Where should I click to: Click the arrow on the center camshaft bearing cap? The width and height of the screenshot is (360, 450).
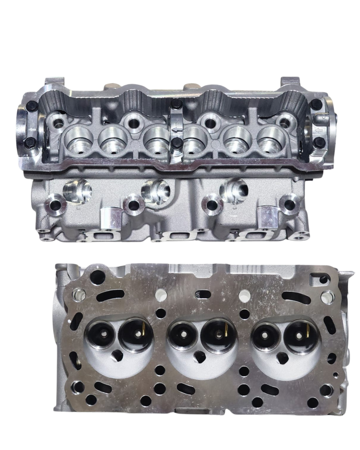pyautogui.click(x=176, y=129)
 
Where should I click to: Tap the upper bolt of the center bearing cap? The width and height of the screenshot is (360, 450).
pyautogui.click(x=177, y=104)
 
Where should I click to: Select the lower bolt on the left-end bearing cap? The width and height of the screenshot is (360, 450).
pyautogui.click(x=30, y=142)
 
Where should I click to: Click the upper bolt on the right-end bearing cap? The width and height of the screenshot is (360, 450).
pyautogui.click(x=316, y=105)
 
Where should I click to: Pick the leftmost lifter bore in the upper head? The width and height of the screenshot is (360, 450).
pyautogui.click(x=78, y=140)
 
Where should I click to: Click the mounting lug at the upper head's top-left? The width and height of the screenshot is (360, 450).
pyautogui.click(x=55, y=83)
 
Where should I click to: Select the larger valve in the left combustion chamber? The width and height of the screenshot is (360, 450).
pyautogui.click(x=136, y=335)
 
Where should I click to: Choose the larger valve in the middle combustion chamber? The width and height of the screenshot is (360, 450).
pyautogui.click(x=218, y=336)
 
